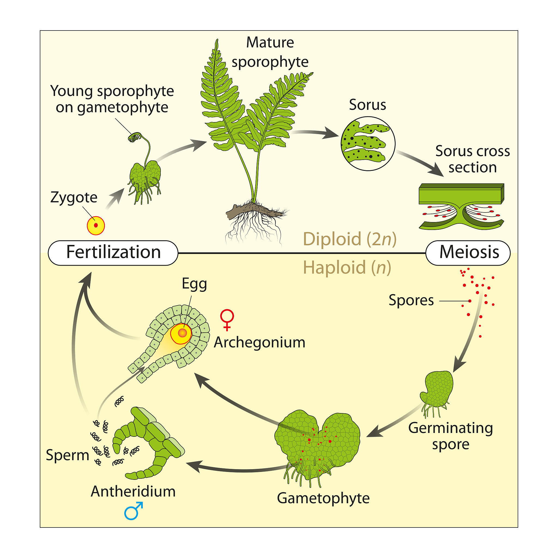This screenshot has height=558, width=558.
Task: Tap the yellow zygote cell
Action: (x=96, y=226)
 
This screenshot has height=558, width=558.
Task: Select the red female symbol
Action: (x=227, y=319)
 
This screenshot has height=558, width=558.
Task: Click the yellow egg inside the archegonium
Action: (x=181, y=333)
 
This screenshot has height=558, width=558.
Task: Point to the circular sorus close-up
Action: (x=368, y=144)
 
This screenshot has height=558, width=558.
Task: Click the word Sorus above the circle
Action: (x=367, y=105)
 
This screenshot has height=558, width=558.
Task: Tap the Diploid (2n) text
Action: (x=350, y=239)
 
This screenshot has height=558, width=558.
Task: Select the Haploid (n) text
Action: (x=347, y=267)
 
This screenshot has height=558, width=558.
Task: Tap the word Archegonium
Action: (x=259, y=342)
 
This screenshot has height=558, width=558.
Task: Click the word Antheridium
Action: (x=133, y=491)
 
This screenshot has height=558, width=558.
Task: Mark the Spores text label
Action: (x=411, y=300)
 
